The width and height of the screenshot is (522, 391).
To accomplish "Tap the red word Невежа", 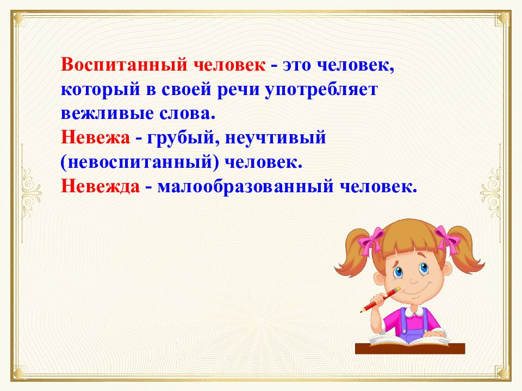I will click(95, 138).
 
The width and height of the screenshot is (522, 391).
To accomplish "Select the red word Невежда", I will click(102, 187).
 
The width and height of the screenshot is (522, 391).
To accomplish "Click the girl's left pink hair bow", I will click(372, 239).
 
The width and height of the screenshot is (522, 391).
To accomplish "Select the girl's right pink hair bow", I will click(448, 237).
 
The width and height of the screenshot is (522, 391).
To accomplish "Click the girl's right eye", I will click(422, 268).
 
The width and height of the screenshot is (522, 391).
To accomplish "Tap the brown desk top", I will click(411, 348).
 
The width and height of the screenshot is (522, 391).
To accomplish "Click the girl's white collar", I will click(413, 311).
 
